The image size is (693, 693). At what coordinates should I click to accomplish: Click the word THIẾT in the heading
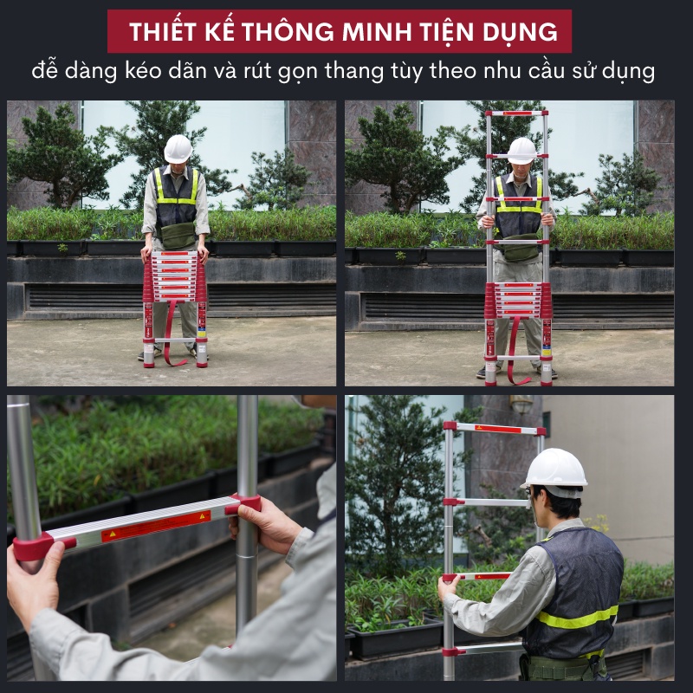[161, 32]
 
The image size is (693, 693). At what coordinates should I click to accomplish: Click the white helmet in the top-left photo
[178, 148]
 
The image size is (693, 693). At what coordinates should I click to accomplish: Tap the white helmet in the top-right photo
[521, 150]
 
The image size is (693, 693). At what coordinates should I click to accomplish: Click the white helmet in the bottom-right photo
[555, 469]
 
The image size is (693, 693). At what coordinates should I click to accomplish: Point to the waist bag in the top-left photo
[179, 235]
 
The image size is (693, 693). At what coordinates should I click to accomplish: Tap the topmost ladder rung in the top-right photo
[515, 113]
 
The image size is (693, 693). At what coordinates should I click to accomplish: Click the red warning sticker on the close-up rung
[156, 525]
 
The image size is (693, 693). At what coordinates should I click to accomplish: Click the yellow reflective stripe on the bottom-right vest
[579, 618]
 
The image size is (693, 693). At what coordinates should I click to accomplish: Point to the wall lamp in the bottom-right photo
[521, 404]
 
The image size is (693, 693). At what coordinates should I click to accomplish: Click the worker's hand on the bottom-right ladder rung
[447, 587]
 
